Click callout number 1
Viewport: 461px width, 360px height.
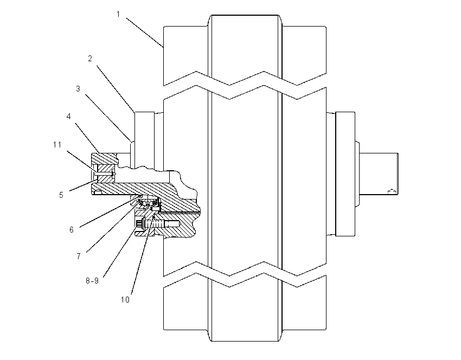118,14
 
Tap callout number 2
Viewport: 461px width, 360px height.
90,59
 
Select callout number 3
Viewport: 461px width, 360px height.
78,89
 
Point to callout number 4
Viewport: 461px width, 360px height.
68,117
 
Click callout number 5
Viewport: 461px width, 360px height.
61,195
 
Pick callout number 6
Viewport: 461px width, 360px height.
72,229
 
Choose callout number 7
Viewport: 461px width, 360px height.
79,256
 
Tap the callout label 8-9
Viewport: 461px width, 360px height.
92,281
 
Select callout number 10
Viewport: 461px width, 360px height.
125,299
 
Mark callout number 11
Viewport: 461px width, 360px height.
57,145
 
